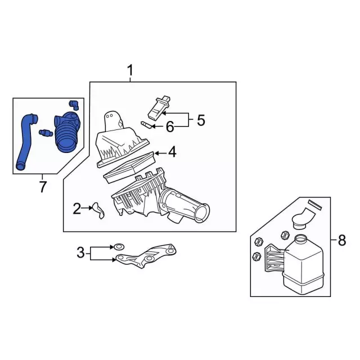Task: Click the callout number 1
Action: coord(130,70)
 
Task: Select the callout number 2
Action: coord(77,209)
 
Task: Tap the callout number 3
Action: coord(80,253)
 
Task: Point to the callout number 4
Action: coord(172,152)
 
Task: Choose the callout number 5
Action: coord(201,120)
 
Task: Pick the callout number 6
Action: coord(170,127)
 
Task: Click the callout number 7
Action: coord(43,187)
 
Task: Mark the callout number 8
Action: coord(342,241)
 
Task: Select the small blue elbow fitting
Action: coord(74,105)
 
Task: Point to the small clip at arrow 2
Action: coord(98,210)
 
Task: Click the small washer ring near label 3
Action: coord(119,247)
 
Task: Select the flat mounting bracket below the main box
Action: coord(147,255)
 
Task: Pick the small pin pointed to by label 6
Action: coord(146,125)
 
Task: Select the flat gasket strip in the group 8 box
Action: coord(315,205)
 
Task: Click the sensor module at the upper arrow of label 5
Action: coord(159,108)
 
